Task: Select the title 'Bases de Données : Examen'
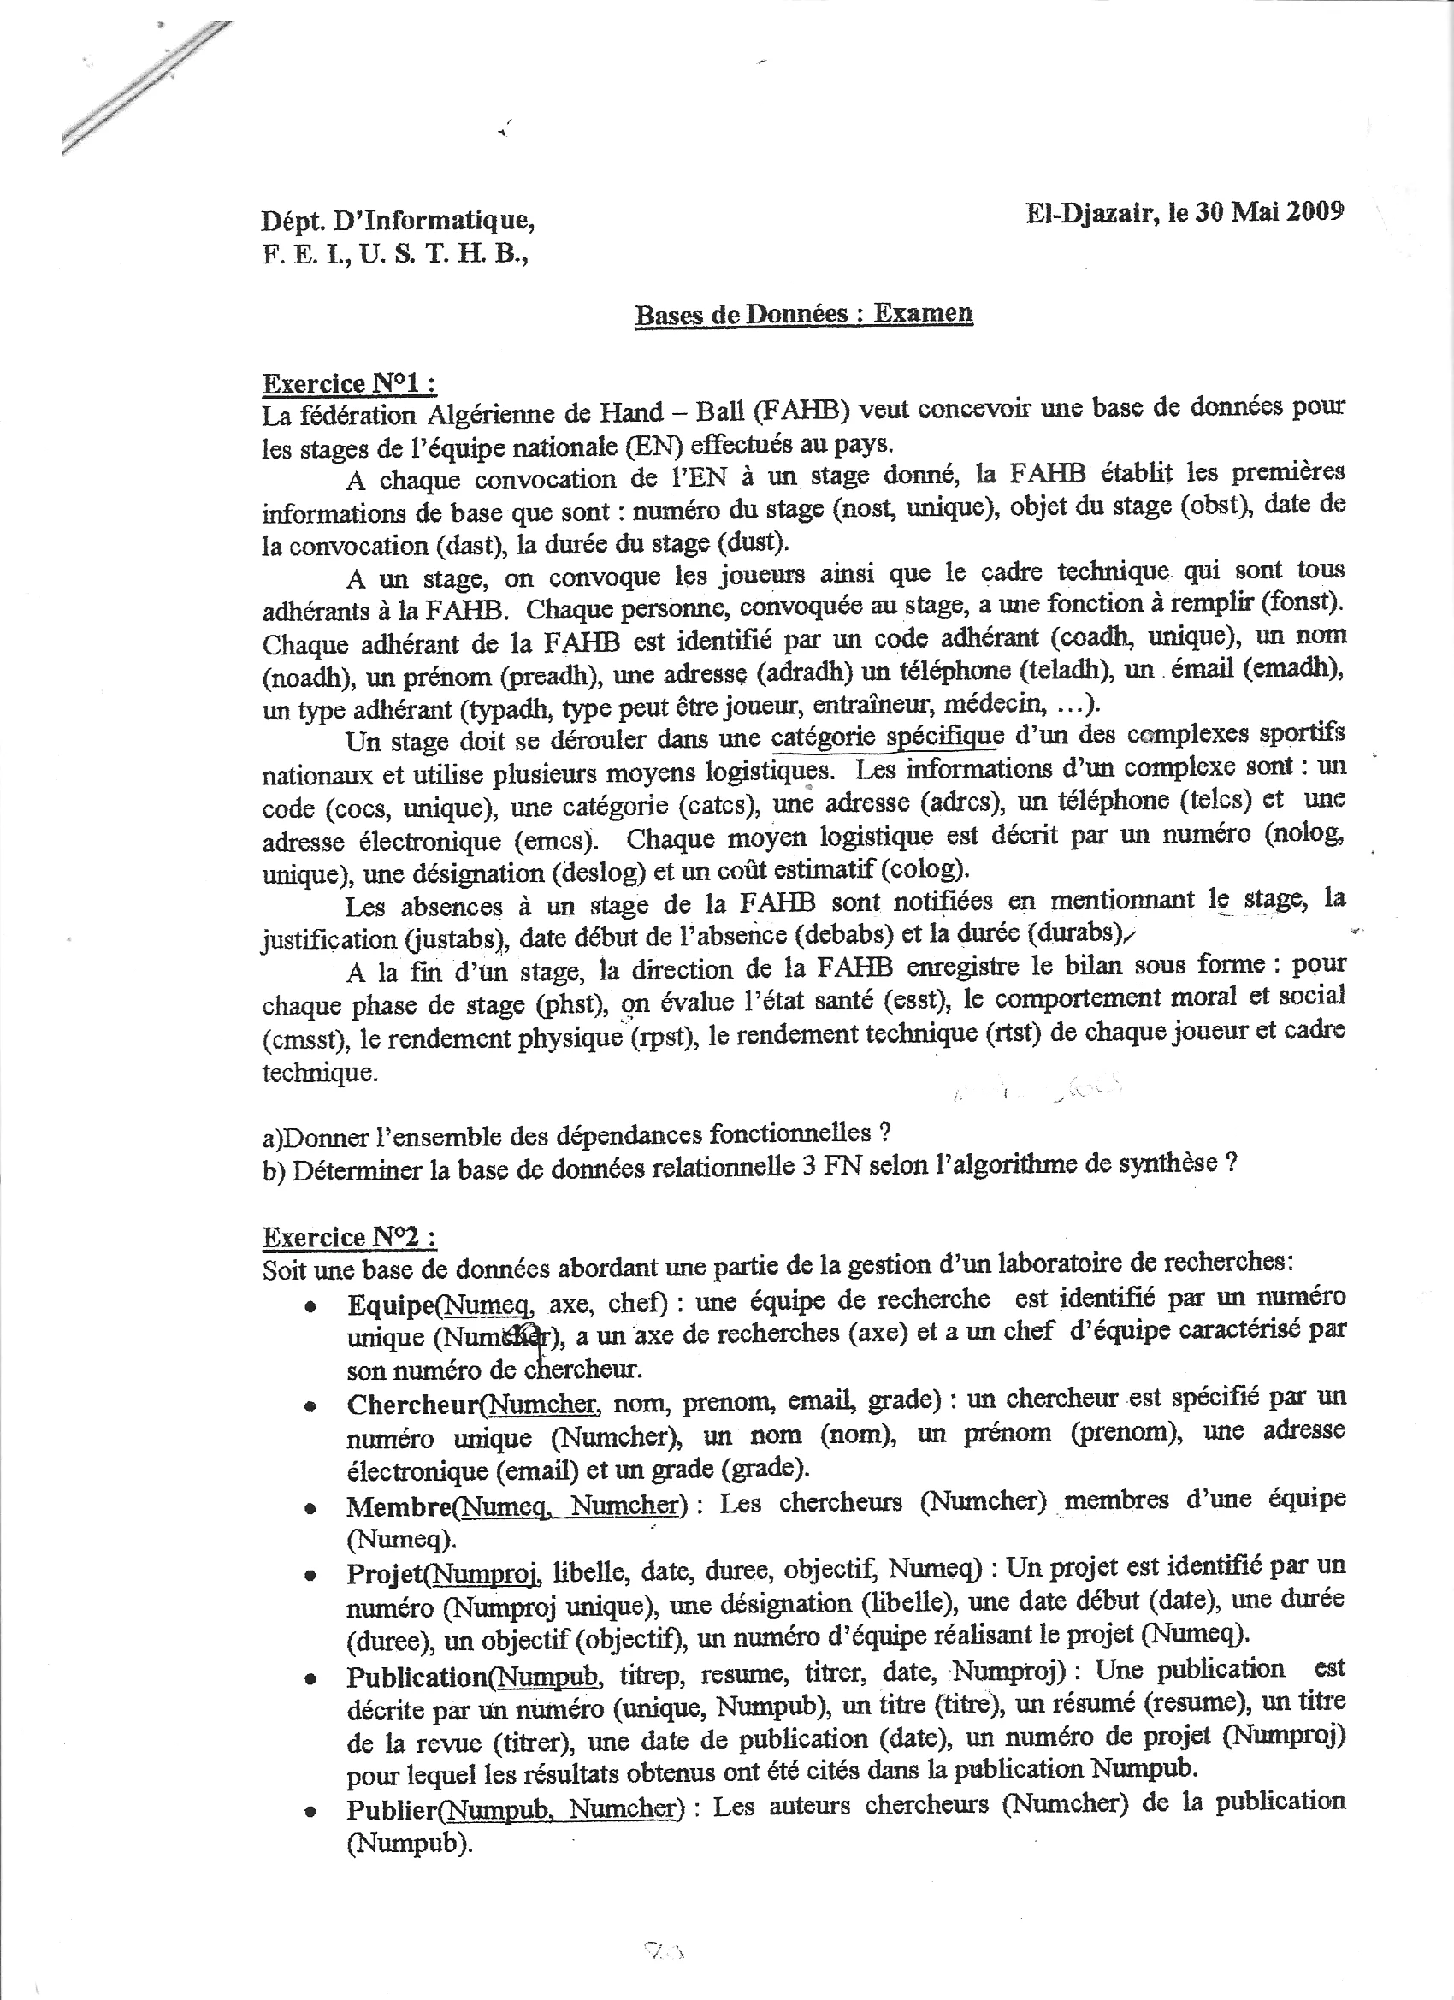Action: [x=803, y=314]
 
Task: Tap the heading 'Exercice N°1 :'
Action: [x=349, y=383]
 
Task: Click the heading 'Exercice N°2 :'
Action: [x=349, y=1237]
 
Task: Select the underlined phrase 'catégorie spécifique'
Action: [x=887, y=737]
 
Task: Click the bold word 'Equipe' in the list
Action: [x=392, y=1304]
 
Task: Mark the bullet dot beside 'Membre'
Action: [x=310, y=1509]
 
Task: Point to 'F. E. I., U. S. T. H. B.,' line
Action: [x=395, y=255]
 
